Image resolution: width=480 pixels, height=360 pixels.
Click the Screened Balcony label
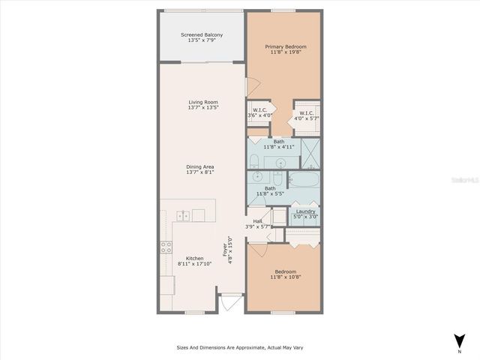tap(202, 35)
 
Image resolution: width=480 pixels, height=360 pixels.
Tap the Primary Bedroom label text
tap(286, 46)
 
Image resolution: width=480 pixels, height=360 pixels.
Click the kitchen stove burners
tap(165, 247)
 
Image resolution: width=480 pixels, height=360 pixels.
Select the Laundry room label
tap(305, 211)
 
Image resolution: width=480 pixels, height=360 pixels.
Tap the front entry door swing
tap(229, 304)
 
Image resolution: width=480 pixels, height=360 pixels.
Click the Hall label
tap(257, 221)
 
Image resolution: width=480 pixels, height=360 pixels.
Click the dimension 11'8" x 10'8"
tap(286, 277)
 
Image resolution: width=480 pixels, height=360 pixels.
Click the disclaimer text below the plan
tap(240, 347)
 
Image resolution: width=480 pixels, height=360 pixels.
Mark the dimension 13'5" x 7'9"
tap(202, 40)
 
